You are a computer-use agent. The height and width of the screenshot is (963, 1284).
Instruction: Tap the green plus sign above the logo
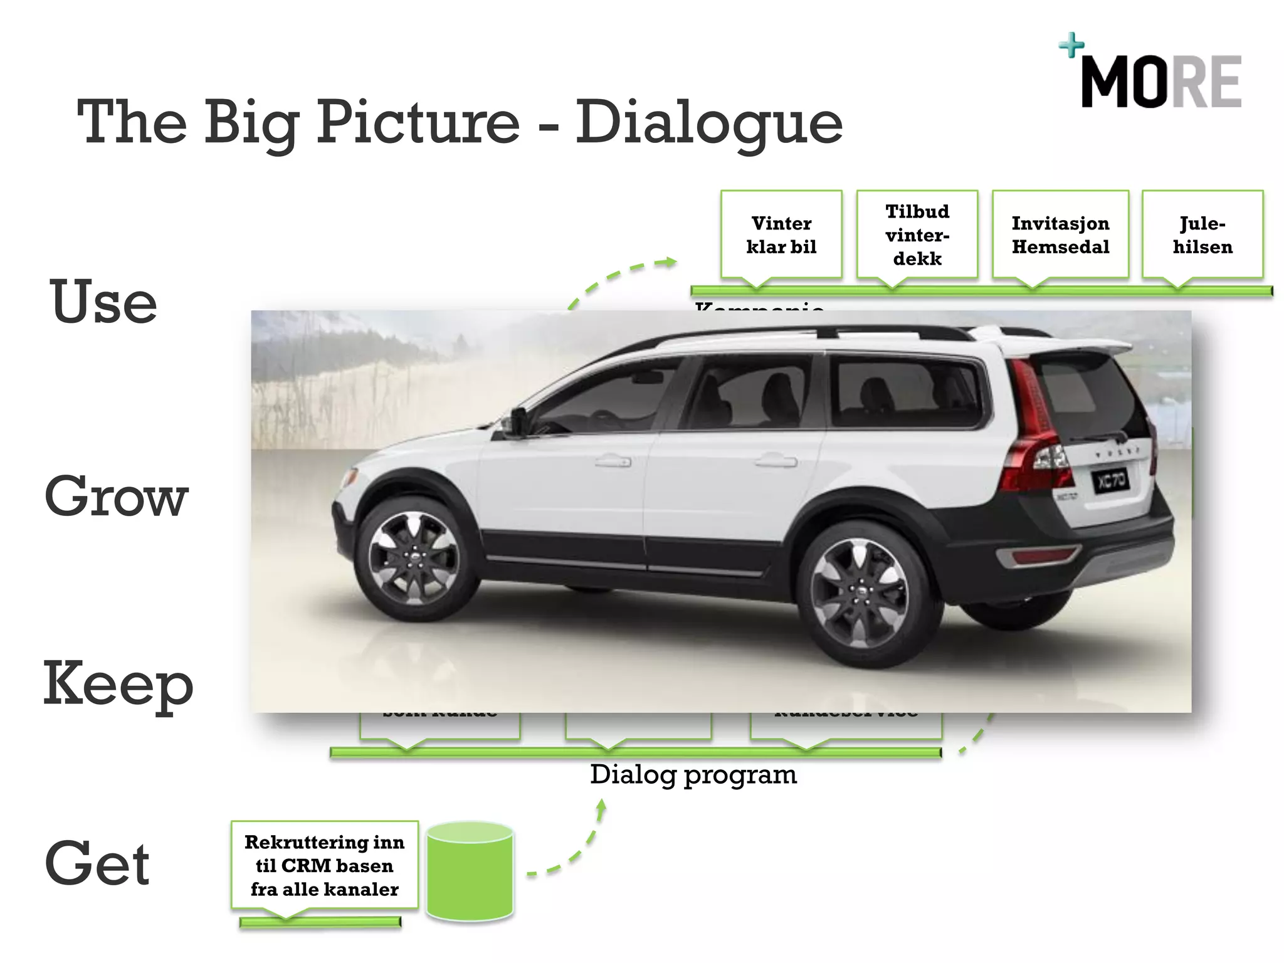tap(1071, 45)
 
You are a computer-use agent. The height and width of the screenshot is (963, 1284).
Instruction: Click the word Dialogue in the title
tap(708, 122)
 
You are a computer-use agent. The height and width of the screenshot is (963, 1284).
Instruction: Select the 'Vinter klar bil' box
tap(781, 234)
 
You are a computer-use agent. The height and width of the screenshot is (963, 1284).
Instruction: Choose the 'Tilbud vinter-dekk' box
tap(917, 234)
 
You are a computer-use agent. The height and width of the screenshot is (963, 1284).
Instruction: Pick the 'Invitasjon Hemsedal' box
tap(1060, 234)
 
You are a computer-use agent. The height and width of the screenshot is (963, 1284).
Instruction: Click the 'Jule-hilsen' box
tap(1202, 234)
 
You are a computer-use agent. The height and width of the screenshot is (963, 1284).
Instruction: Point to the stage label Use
tap(103, 302)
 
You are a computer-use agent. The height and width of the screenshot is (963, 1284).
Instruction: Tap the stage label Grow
tap(117, 497)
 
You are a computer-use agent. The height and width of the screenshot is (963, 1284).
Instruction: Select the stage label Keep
tap(118, 685)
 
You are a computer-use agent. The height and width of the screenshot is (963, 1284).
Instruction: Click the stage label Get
tap(97, 864)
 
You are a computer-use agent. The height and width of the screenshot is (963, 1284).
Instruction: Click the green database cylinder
tap(470, 873)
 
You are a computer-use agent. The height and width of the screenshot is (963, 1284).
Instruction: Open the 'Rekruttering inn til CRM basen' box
tap(324, 865)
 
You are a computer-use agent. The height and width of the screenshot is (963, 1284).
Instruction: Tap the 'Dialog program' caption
tap(693, 775)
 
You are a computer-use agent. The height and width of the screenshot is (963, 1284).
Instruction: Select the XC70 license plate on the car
tap(1111, 481)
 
